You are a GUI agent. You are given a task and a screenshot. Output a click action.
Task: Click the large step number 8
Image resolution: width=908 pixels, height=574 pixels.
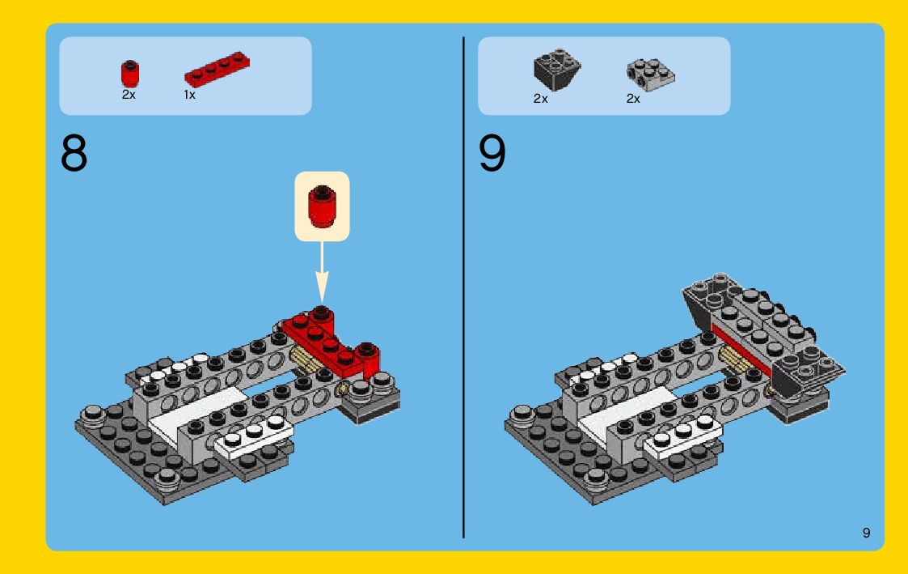pos(74,153)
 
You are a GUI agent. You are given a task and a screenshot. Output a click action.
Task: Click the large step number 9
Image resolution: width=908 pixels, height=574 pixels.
pos(492,153)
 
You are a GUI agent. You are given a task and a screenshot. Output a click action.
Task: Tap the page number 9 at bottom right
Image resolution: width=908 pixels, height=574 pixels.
pos(866,533)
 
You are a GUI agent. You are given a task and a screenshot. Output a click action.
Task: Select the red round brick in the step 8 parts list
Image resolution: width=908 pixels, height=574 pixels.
pos(130,74)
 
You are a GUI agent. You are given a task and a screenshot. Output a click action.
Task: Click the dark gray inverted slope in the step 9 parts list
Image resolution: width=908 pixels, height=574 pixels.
pos(556,70)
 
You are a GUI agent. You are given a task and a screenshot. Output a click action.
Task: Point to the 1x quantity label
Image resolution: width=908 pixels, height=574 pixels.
pos(189,95)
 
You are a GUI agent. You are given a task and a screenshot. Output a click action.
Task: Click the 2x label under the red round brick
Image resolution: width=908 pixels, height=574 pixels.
pos(129,95)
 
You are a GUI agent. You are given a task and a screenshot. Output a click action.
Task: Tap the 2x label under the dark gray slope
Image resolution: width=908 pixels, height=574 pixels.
pos(540,99)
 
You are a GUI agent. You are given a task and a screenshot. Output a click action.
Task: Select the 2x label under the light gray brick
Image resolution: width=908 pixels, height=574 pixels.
pos(633,99)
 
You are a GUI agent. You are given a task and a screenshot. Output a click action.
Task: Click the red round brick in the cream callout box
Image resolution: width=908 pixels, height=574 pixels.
pos(322,206)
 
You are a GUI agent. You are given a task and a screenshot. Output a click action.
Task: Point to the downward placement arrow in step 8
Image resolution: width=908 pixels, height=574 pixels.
pos(322,271)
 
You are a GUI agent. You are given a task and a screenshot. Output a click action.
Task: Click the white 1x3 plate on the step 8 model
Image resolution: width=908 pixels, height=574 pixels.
pos(254,439)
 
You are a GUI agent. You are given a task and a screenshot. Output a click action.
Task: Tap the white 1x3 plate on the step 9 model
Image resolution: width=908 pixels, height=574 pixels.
pos(683,439)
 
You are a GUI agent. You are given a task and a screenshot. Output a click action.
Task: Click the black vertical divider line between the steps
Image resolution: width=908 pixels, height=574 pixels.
pos(463,287)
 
